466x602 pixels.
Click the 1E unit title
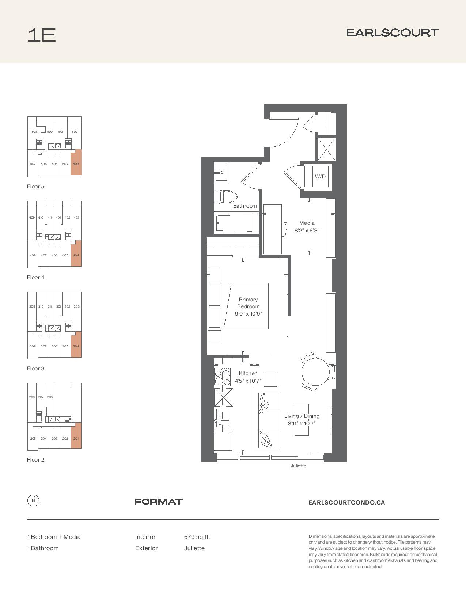click(42, 35)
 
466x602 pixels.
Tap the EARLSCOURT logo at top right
click(392, 33)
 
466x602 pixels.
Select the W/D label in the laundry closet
click(320, 177)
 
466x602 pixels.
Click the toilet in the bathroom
click(226, 196)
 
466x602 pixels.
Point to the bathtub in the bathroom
click(236, 223)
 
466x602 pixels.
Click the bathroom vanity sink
click(221, 173)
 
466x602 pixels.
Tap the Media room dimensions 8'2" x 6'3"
click(307, 231)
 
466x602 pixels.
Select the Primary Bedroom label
click(248, 303)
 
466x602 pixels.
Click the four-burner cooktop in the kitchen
click(223, 377)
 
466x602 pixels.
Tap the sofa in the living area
click(267, 420)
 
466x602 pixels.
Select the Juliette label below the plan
click(298, 466)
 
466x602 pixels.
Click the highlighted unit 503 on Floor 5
click(76, 162)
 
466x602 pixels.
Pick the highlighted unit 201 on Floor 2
click(76, 436)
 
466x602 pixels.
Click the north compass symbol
click(33, 501)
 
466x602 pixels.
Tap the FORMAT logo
click(159, 502)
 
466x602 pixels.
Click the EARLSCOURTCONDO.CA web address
click(346, 502)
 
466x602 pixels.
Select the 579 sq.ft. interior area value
click(197, 537)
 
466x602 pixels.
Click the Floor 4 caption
click(35, 277)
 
